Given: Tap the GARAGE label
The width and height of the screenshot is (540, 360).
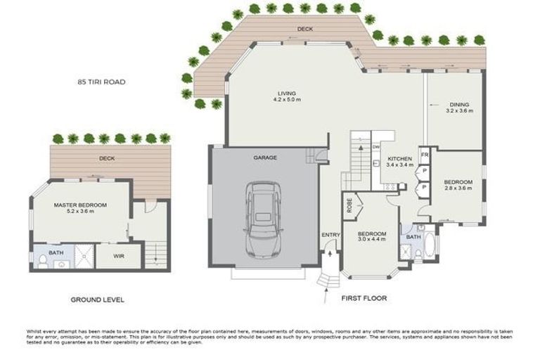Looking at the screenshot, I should coord(265,158).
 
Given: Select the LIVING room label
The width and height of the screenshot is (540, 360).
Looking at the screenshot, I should coord(286,93).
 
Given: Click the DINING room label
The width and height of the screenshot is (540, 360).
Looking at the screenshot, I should coord(459,105).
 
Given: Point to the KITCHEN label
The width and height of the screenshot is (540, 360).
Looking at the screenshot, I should coord(399,160).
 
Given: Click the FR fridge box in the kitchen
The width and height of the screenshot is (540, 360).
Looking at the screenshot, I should coord(425,155).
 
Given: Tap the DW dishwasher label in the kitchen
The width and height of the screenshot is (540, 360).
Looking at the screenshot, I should coord(376,146).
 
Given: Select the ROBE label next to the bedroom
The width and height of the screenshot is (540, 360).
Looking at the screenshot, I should coord(349,207).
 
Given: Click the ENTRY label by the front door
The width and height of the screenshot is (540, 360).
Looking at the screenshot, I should coord(330,235).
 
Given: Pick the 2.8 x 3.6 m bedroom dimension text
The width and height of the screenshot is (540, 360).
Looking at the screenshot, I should coord(458,188).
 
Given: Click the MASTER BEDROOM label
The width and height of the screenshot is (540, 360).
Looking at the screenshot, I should coord(80,205).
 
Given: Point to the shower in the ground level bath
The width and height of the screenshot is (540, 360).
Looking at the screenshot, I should coord(84,257).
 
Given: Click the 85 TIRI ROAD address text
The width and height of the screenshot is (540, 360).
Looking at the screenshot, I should coord(101,82).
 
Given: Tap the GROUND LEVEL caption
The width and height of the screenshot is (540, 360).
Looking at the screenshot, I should coord(97,300).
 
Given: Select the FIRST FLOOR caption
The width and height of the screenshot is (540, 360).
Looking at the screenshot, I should coord(364,298).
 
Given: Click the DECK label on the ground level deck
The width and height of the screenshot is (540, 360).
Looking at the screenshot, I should coord(107,158).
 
